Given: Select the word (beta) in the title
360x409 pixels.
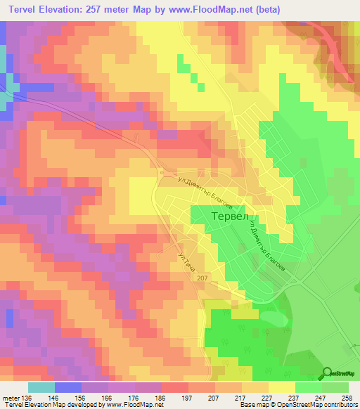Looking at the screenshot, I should [x=266, y=8].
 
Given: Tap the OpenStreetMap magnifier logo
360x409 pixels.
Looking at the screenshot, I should [x=328, y=373].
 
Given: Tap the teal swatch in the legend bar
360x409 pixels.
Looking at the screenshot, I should [x=41, y=387].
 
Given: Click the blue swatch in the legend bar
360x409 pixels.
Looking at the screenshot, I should [x=67, y=387].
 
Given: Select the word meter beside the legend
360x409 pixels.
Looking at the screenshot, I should [x=11, y=398].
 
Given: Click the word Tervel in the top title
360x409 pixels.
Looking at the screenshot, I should [x=22, y=8].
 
